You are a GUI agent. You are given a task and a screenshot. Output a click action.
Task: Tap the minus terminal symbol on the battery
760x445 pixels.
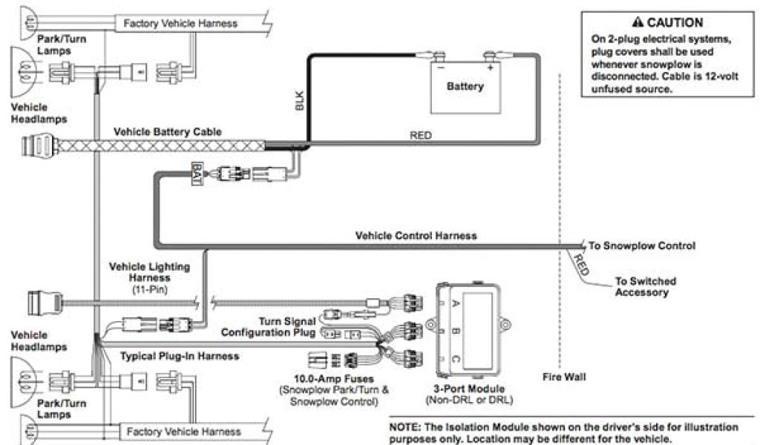tap(441, 67)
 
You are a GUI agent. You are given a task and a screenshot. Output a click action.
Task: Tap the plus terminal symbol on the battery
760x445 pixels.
tap(490, 67)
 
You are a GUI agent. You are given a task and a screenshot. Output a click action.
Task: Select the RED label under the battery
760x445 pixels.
tap(421, 136)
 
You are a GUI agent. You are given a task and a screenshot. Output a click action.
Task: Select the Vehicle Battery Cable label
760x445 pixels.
tap(167, 132)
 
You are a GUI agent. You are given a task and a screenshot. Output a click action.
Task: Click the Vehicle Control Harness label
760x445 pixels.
tap(416, 236)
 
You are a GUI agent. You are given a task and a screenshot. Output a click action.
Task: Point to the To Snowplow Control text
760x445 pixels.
tap(642, 245)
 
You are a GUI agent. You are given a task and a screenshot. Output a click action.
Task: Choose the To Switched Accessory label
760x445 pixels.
tap(642, 286)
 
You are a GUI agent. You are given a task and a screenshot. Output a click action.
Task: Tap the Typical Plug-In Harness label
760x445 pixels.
tap(180, 356)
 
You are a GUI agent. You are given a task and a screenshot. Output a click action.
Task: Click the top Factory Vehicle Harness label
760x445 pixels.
tap(180, 23)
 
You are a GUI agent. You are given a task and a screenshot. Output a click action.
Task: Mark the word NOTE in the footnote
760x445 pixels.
tap(404, 428)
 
